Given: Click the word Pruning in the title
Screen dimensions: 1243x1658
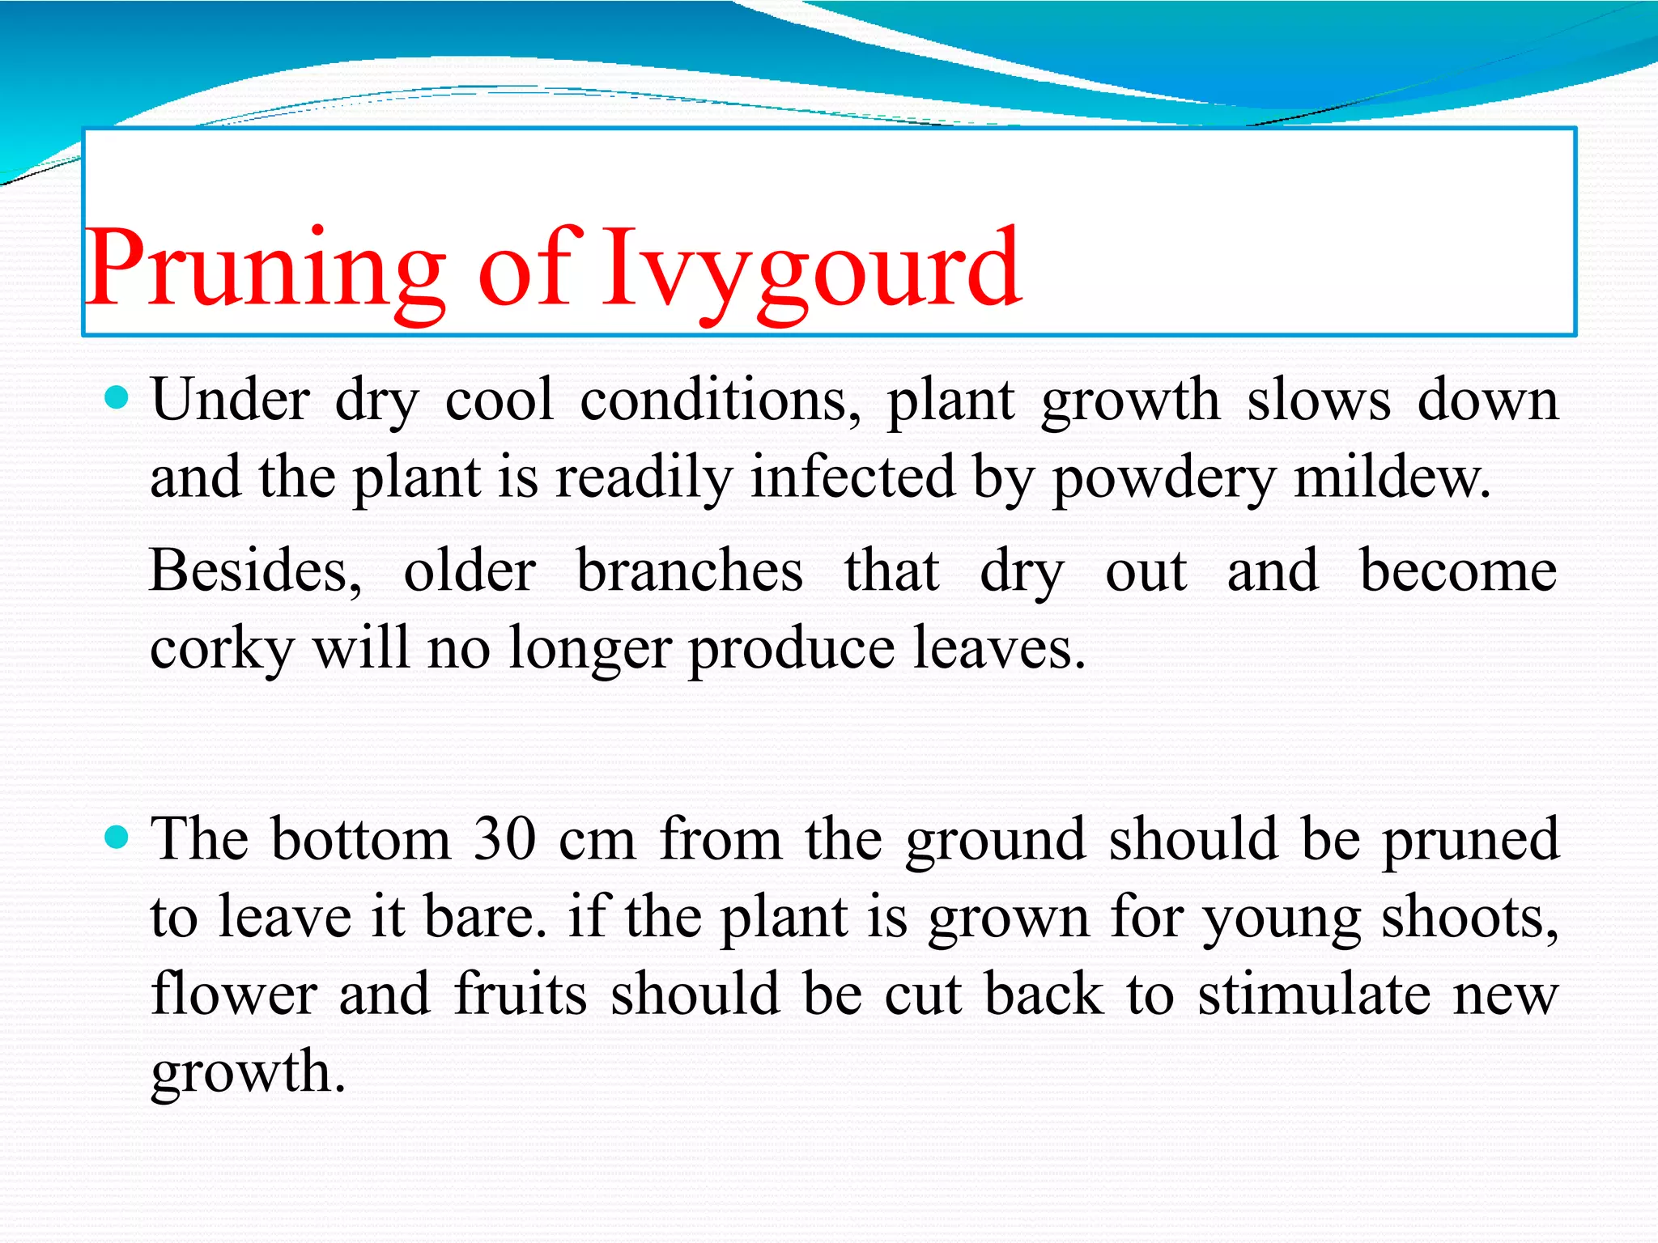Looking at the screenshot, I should click(x=266, y=269).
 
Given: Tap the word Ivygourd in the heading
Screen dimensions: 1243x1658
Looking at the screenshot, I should click(x=810, y=269).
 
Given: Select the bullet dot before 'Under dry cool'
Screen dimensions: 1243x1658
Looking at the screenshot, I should click(x=117, y=397).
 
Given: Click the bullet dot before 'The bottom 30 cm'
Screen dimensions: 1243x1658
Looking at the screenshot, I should click(x=117, y=837).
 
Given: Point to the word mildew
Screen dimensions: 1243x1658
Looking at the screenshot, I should click(x=1392, y=477).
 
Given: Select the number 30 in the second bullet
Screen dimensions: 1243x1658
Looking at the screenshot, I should click(x=504, y=839).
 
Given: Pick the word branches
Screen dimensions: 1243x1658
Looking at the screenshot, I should click(x=689, y=571).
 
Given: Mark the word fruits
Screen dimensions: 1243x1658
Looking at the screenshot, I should click(x=520, y=995).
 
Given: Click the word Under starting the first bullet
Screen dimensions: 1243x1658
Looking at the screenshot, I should click(x=231, y=401).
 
